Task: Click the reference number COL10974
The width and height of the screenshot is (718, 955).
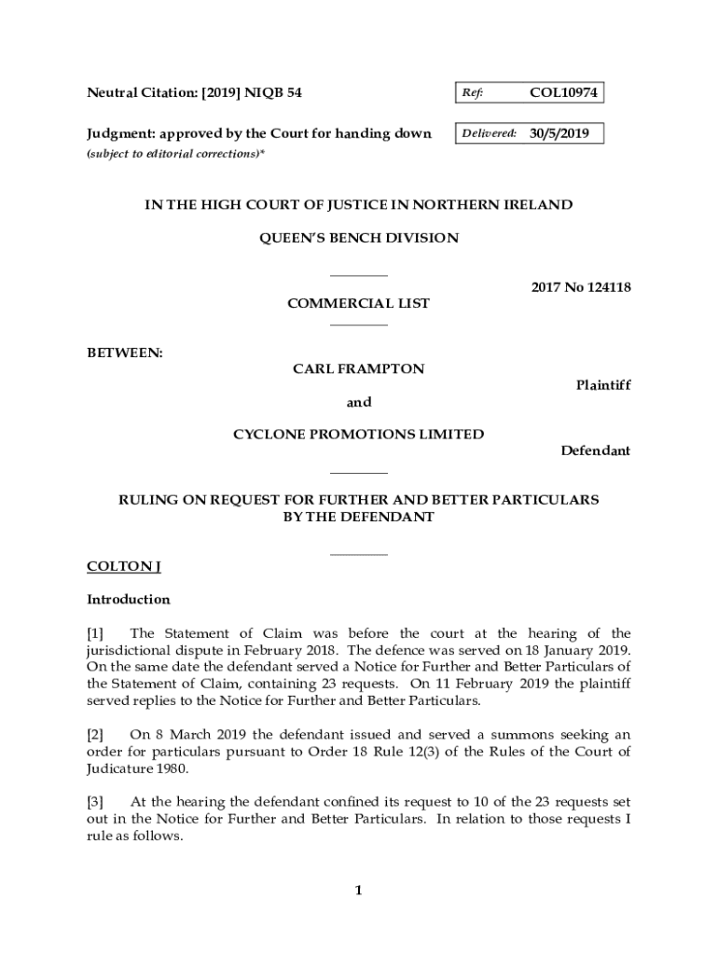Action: (563, 92)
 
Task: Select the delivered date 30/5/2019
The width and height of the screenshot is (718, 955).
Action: (559, 133)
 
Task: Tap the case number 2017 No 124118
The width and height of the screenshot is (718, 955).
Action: (581, 287)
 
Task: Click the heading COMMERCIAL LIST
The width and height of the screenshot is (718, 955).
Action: (358, 303)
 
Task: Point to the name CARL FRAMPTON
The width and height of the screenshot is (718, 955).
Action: (358, 368)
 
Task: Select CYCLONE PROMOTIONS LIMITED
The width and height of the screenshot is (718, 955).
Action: (358, 434)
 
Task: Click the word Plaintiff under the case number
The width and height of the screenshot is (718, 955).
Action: (602, 385)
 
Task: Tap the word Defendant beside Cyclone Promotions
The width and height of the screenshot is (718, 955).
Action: (595, 450)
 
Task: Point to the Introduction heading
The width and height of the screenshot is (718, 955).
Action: (129, 599)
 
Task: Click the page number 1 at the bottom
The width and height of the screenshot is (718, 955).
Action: (358, 891)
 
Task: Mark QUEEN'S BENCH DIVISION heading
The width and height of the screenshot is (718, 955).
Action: (358, 238)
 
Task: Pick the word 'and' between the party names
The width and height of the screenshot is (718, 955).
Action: (359, 402)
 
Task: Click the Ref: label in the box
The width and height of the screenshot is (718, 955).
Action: (471, 93)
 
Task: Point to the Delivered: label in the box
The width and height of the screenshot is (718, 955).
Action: (489, 133)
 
